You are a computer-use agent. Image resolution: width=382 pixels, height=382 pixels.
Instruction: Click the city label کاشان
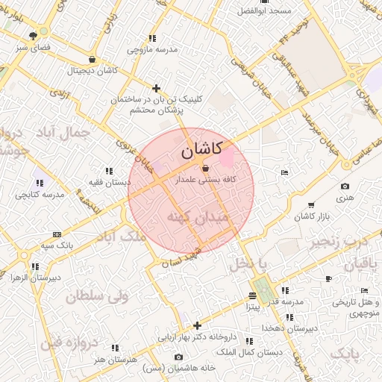[201, 150]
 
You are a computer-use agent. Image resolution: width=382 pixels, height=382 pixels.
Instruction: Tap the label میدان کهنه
[191, 216]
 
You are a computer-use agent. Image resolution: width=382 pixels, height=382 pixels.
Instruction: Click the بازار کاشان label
[311, 216]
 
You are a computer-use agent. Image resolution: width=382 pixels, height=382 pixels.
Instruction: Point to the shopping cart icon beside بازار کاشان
[310, 205]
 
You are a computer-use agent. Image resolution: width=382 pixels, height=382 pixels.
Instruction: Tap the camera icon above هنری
[344, 187]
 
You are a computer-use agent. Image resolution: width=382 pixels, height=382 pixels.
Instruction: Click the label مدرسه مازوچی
[152, 49]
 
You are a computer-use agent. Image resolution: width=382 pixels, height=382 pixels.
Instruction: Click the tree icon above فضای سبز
[32, 35]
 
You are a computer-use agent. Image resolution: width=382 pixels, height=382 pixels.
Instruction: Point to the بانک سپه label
[55, 245]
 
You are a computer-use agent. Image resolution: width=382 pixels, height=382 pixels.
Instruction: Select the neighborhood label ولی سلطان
[97, 296]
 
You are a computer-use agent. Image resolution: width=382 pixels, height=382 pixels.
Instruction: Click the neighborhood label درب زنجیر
[340, 240]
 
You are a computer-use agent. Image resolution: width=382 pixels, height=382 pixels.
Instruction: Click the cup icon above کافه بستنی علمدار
[205, 169]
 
